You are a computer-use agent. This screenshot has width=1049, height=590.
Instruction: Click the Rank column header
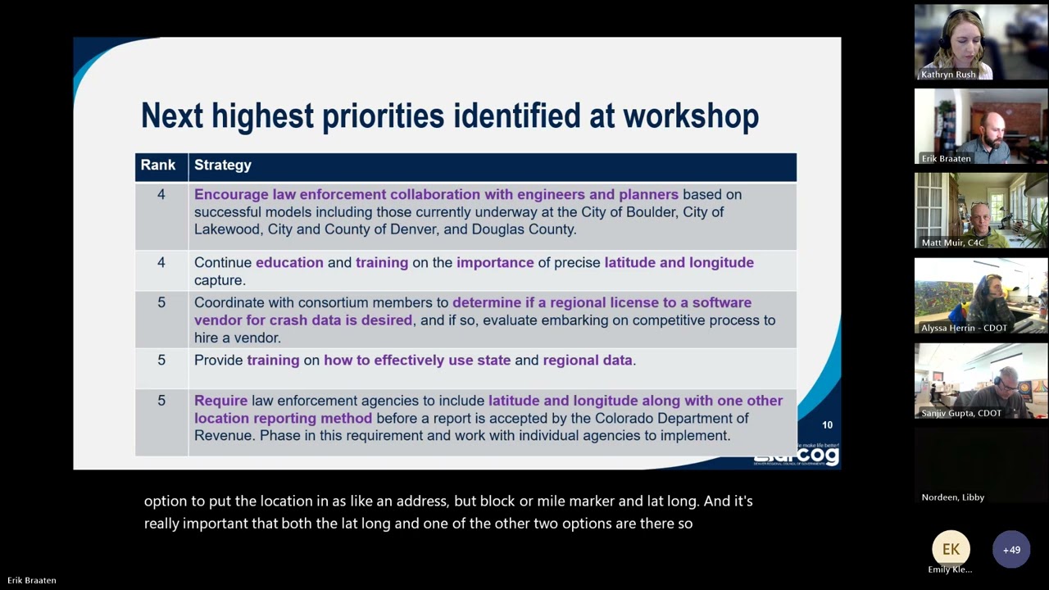coord(158,166)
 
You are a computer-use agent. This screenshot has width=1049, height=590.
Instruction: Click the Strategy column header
coord(223,166)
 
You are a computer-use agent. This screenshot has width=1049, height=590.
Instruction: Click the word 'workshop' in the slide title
coord(691,116)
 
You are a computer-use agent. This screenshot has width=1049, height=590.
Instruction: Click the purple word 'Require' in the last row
coord(220,401)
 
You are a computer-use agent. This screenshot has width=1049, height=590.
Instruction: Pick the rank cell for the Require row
coord(161,401)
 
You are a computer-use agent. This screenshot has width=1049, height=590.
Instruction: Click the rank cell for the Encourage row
coord(161,195)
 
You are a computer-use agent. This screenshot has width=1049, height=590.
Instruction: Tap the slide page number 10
coord(827,425)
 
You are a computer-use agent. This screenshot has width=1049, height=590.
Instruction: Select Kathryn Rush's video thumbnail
coord(981,43)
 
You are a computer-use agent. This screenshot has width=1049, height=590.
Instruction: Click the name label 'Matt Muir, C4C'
coord(953,243)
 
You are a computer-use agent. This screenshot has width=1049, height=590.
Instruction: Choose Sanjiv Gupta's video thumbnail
coord(981,381)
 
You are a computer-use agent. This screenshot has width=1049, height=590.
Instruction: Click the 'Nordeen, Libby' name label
coord(952,497)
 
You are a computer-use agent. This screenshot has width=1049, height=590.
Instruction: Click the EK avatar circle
coord(951,550)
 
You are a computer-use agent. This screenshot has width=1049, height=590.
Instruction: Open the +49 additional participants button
coord(1011,550)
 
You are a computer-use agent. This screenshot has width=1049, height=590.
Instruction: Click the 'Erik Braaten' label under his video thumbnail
coord(946,159)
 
